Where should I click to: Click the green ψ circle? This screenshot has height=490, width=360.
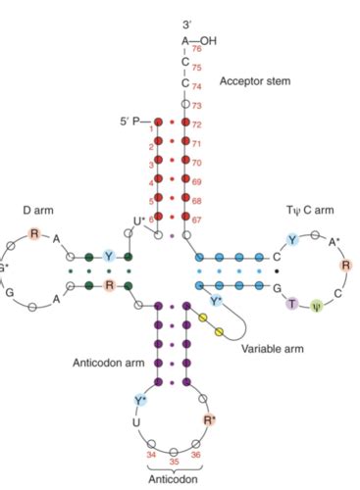pyautogui.click(x=315, y=305)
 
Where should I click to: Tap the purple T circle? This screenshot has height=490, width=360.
pyautogui.click(x=292, y=305)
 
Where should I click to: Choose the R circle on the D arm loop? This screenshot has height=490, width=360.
pyautogui.click(x=34, y=233)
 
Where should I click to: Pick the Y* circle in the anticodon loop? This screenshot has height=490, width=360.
pyautogui.click(x=140, y=400)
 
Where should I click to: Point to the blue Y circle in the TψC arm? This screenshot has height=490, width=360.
pyautogui.click(x=291, y=239)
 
